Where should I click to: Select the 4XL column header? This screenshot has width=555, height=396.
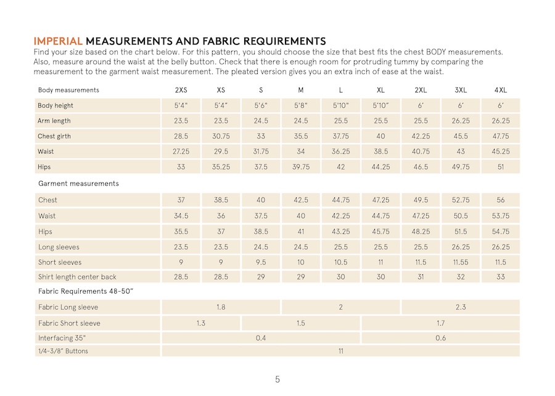coord(501,90)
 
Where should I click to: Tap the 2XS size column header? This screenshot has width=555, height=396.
coord(181,90)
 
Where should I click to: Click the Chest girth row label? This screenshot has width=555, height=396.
coord(54,136)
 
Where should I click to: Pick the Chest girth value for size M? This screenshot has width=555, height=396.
coord(301,136)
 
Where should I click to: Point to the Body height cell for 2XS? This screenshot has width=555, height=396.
coord(181,105)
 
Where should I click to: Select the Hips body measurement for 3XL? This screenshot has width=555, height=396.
coord(461,167)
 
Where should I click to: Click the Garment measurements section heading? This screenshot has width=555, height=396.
coord(78,183)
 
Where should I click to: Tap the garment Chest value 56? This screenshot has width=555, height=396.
coord(501,200)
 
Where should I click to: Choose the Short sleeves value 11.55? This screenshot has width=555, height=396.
coord(461,262)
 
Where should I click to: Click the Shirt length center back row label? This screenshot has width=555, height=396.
coord(77,277)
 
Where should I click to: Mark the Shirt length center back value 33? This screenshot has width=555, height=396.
coord(501,277)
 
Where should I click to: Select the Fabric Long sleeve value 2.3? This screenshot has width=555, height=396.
coord(461,307)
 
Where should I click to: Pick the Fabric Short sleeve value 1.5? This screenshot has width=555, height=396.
coord(301,323)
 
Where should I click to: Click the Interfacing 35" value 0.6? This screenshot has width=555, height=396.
coord(441,338)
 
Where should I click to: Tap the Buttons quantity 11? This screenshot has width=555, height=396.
coord(340,351)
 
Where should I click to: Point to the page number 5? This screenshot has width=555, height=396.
coord(277,379)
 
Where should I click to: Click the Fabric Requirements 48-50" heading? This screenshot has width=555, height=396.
coord(86,291)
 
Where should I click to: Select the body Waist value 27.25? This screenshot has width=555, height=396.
coord(181,151)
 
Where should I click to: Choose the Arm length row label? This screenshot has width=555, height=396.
coord(54,121)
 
